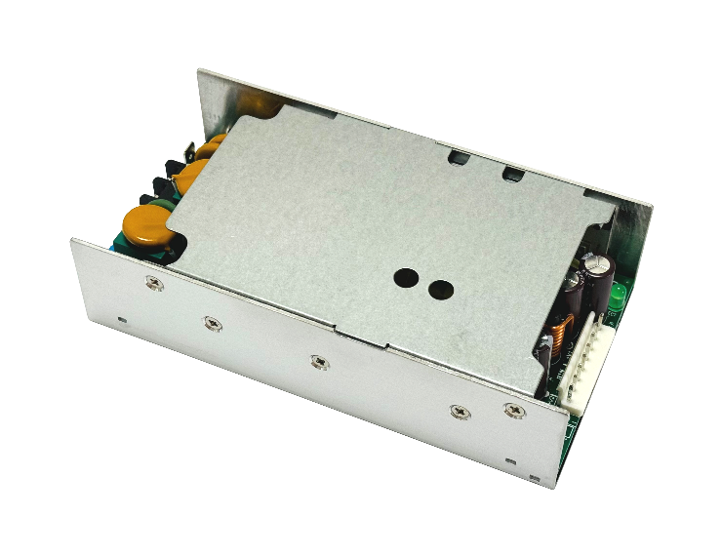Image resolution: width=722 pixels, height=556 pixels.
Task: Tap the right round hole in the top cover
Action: pos(441,290)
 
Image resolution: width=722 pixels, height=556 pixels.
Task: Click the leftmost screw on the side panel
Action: pos(153,283)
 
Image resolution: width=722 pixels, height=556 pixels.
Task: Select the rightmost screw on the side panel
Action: pos(512,411)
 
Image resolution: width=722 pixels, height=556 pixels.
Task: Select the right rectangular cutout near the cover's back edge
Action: pos(511,174)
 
